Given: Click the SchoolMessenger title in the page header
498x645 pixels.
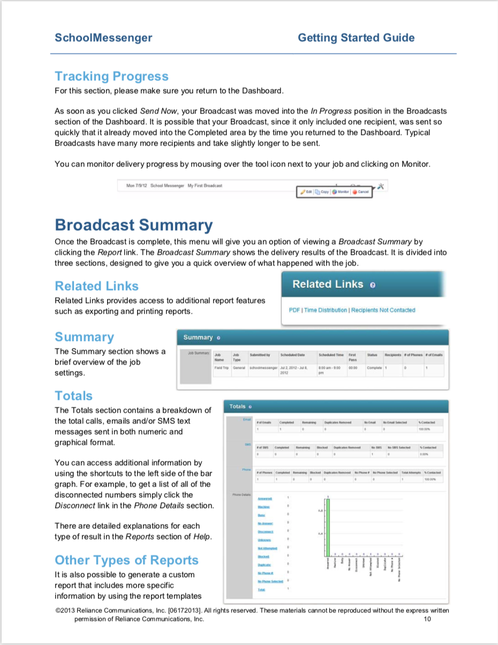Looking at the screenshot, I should coord(103,37).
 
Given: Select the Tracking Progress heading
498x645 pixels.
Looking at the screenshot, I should coord(111,77).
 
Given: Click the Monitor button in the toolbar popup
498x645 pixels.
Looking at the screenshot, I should coord(341,192).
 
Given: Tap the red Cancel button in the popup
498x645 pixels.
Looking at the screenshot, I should coord(360,192).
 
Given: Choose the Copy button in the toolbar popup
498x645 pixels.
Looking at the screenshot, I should coord(322,192).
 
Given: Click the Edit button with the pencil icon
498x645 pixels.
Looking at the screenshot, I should coord(306,192).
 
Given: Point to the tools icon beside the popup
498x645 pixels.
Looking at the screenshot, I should coord(381,186).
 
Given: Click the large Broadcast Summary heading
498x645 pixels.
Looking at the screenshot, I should coord(133,225).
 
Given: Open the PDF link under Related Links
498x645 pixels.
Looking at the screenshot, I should coord(294,310).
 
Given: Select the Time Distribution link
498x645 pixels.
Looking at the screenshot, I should coord(326,310).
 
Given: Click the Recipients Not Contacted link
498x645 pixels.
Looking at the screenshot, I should coord(383,310).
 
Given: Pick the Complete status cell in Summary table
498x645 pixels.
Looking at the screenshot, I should coord(374,368).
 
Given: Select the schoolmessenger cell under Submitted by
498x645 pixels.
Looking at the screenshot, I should coord(263,368).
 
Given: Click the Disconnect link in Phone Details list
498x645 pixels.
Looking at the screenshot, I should coord(265,532).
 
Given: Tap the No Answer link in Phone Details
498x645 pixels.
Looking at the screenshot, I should coord(265,523).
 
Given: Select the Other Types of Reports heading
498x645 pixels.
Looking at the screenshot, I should coord(126,560).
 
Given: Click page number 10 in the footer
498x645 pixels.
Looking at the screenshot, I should coord(427,619).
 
